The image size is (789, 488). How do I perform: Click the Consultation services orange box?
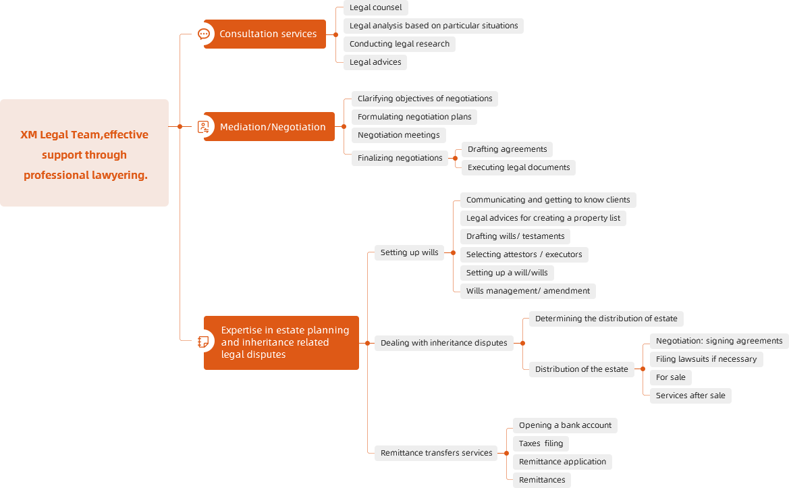(x=265, y=34)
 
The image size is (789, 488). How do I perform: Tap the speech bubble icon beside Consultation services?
(x=204, y=34)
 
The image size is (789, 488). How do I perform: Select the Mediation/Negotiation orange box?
(x=269, y=127)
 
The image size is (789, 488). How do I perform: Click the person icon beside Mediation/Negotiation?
(x=203, y=127)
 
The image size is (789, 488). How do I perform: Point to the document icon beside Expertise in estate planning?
(x=203, y=342)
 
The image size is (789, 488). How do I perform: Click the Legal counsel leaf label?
(x=375, y=7)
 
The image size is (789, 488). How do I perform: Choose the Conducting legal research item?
(x=400, y=44)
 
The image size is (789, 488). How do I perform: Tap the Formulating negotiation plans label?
(x=414, y=117)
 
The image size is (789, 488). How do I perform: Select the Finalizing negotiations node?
(x=400, y=158)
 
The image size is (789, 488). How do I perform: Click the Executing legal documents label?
(x=518, y=167)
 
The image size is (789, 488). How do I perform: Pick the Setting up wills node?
(x=409, y=252)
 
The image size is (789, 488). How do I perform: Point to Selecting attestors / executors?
(x=524, y=254)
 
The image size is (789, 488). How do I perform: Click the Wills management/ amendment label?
(x=528, y=291)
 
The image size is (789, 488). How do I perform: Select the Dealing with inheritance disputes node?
(x=444, y=343)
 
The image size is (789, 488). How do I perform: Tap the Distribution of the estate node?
(x=581, y=369)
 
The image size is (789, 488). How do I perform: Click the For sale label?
(x=671, y=377)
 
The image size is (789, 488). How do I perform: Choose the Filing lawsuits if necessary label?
(x=706, y=359)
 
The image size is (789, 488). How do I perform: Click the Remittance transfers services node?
(x=436, y=453)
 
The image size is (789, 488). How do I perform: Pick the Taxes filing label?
(x=541, y=443)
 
